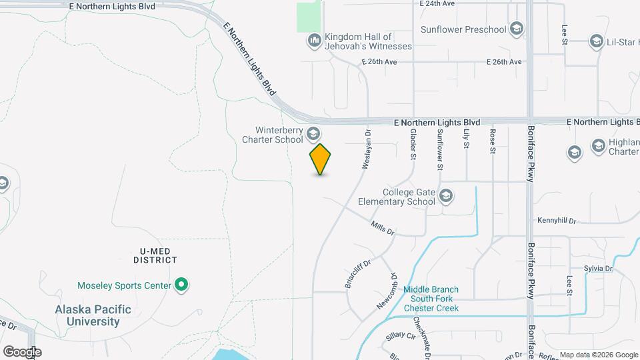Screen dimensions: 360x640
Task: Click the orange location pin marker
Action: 321,159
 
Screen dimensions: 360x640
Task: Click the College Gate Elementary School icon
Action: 447,196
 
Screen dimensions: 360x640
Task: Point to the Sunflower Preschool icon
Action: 516,29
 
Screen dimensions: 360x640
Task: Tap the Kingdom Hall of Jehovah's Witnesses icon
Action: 315,41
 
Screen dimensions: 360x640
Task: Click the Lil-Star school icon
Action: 597,42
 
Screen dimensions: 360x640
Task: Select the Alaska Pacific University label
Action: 87,316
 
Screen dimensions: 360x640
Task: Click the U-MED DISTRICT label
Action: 155,255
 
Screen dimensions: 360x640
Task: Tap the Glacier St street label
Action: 413,144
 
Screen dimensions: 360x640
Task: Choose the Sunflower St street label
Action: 439,149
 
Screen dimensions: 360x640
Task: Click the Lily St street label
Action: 466,141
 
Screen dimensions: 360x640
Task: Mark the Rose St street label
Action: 493,141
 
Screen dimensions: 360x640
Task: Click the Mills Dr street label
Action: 383,228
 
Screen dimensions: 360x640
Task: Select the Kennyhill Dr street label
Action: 556,220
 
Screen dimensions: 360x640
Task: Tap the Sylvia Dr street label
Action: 598,268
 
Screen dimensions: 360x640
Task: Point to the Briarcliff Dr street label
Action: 357,274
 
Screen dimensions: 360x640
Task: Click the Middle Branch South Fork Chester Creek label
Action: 431,299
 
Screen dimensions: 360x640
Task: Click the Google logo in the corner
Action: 21,351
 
